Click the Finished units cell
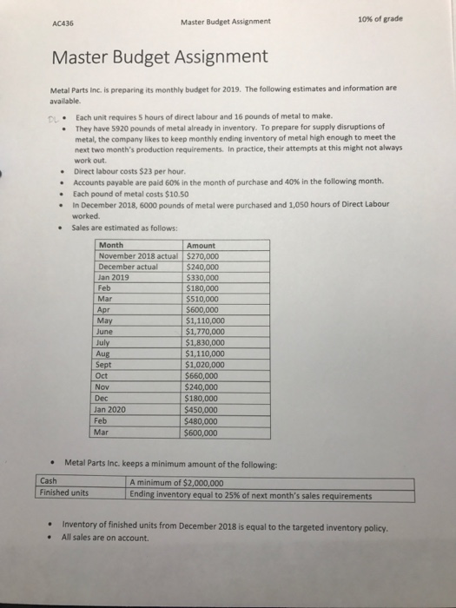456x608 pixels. coord(67,495)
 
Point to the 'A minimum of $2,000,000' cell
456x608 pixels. coord(176,484)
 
